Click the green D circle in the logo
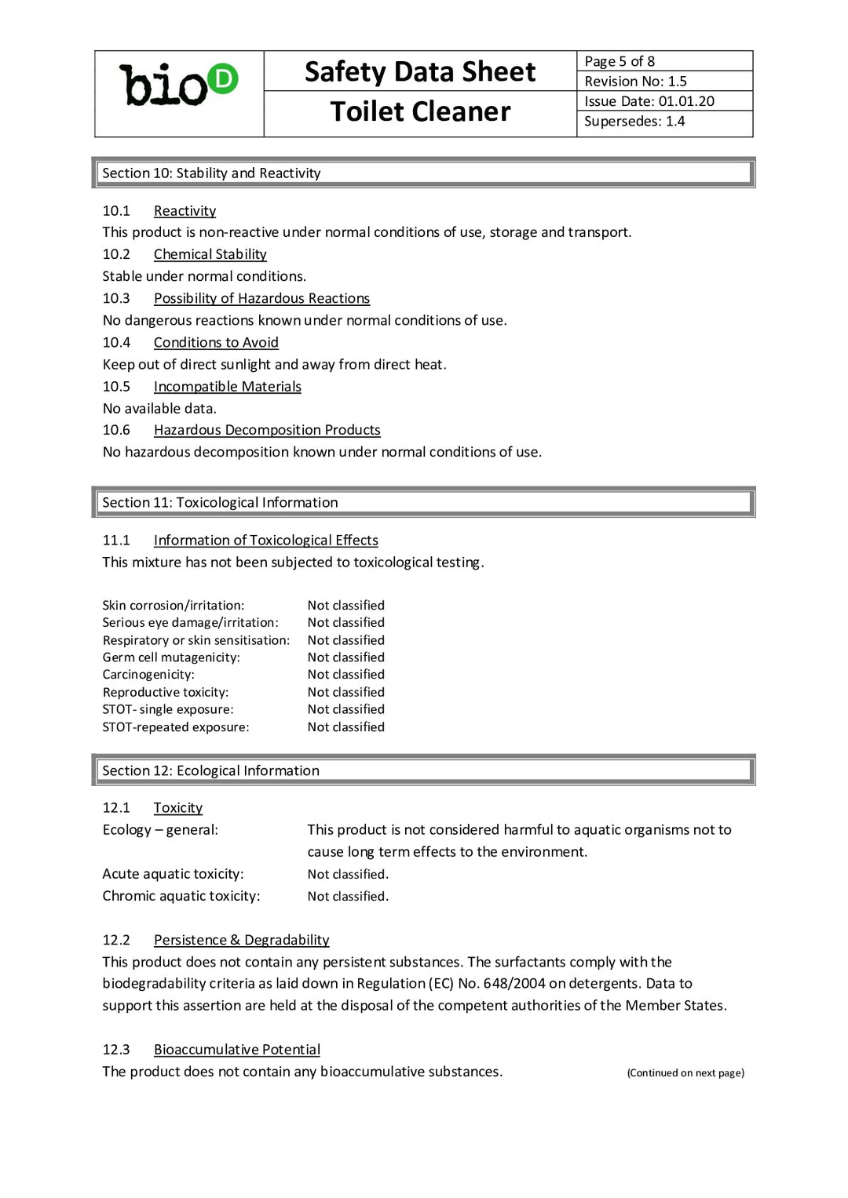click(224, 78)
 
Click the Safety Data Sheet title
click(420, 71)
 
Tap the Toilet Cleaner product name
click(420, 111)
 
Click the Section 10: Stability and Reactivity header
click(211, 173)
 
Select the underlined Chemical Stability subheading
click(210, 254)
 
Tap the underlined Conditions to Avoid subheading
click(216, 342)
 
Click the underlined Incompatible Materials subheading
click(227, 386)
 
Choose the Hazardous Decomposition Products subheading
click(267, 430)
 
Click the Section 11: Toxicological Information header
click(220, 502)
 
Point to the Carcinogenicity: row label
click(148, 675)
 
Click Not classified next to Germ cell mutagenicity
click(345, 657)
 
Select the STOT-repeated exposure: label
click(176, 727)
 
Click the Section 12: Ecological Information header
click(210, 770)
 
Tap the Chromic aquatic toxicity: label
click(181, 896)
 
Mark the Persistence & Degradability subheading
click(241, 940)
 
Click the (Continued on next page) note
click(685, 1072)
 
